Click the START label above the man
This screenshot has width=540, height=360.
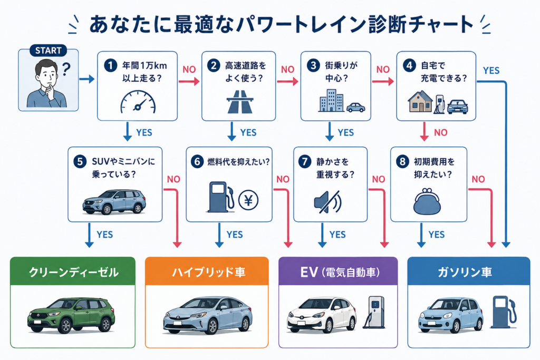(48, 51)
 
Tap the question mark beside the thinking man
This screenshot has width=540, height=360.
(66, 69)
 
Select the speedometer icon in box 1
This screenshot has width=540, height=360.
(138, 102)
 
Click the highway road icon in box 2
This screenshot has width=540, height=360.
(240, 102)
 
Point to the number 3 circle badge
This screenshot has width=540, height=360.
(313, 65)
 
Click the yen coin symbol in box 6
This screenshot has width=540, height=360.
(248, 200)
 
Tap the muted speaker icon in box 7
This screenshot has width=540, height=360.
(327, 202)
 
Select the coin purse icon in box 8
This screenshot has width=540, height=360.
(427, 201)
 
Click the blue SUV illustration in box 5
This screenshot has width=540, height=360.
(114, 202)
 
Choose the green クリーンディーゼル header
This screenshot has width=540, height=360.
(73, 271)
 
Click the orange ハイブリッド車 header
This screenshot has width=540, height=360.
(207, 271)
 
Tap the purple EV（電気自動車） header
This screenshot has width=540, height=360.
(338, 271)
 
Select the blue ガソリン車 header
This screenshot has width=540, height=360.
(469, 271)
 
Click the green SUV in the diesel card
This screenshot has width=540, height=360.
(71, 315)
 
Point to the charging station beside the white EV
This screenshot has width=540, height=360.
(374, 312)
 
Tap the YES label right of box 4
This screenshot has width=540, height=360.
(491, 71)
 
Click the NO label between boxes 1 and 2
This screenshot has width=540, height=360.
(189, 70)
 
